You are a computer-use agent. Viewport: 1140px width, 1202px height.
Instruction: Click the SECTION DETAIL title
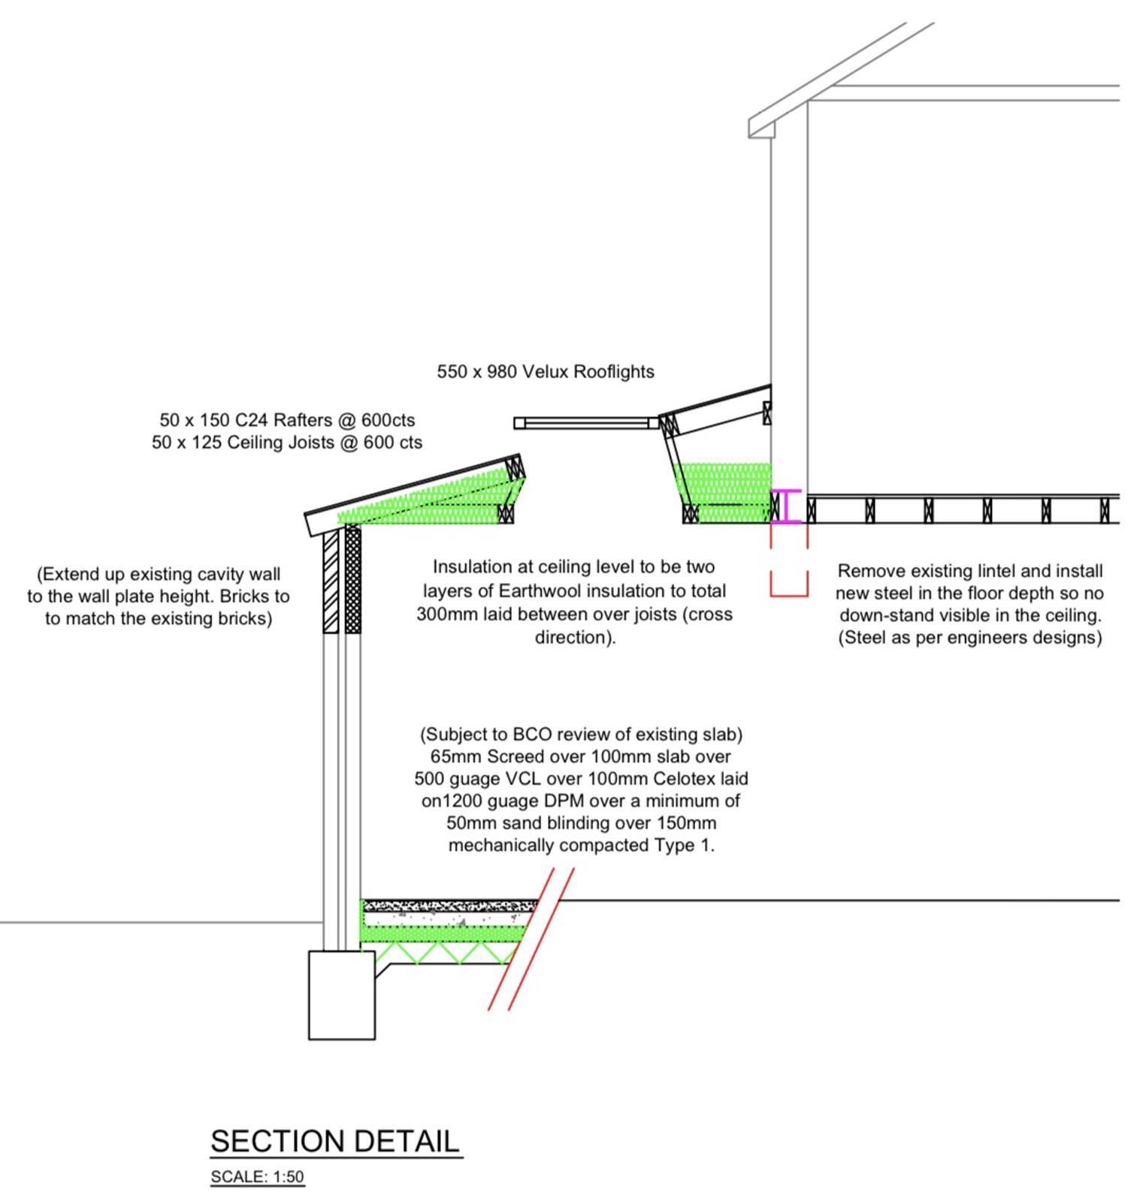pyautogui.click(x=334, y=1141)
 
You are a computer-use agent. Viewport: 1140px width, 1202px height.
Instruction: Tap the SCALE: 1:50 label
pyautogui.click(x=257, y=1176)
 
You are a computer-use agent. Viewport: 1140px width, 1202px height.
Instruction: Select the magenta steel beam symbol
pyautogui.click(x=786, y=506)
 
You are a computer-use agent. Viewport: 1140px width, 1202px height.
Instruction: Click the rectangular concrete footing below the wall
pyautogui.click(x=341, y=995)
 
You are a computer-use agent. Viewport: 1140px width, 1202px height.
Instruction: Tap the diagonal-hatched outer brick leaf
pyautogui.click(x=331, y=582)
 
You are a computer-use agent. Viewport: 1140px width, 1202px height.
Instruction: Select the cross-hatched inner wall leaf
pyautogui.click(x=352, y=582)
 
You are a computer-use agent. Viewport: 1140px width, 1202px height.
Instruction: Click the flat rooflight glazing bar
pyautogui.click(x=586, y=423)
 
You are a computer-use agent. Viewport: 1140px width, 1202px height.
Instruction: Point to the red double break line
pyautogui.click(x=531, y=939)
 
